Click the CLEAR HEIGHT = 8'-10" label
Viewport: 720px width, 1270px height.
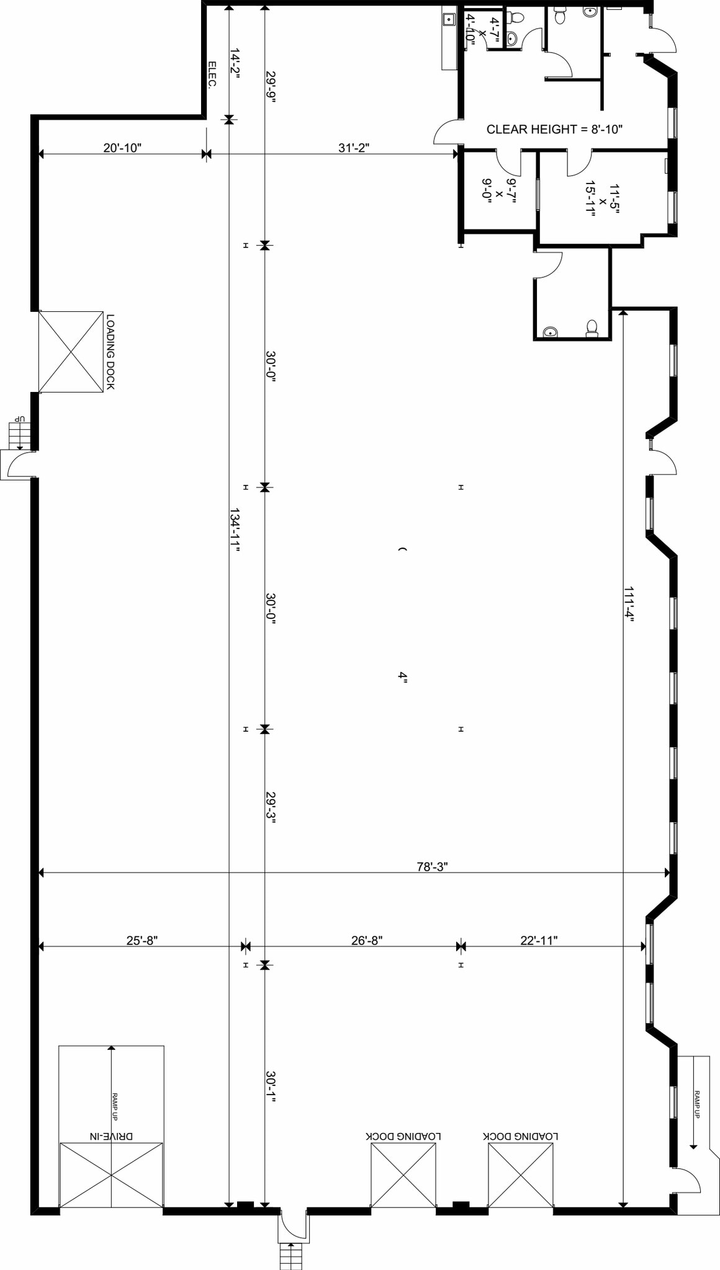point(554,130)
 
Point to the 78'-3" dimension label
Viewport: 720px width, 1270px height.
point(432,866)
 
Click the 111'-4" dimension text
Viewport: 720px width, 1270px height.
point(629,603)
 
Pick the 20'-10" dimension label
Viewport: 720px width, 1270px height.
point(122,148)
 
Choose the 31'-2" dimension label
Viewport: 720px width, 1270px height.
point(354,148)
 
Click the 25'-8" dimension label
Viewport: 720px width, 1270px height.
point(142,941)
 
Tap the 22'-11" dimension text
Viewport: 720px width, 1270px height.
point(539,941)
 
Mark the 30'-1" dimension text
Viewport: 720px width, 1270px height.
point(271,1086)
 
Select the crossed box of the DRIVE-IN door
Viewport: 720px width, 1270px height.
point(111,1175)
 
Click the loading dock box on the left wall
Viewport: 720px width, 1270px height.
point(71,352)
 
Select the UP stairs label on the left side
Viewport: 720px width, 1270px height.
point(20,419)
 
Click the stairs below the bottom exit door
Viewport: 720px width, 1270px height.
point(289,1256)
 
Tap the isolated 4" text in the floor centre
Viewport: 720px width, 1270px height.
point(403,677)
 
